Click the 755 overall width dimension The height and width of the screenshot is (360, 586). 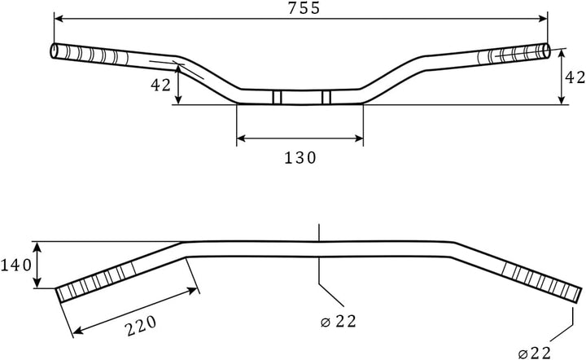(304, 8)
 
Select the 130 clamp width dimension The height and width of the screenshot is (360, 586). (300, 158)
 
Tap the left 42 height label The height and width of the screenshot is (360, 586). (160, 86)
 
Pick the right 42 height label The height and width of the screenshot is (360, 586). (575, 77)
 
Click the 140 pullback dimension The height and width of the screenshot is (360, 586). (16, 266)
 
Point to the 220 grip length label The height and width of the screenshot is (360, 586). (140, 326)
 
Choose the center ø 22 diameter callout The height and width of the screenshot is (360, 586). (339, 322)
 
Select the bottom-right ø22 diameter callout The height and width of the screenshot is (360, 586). (535, 353)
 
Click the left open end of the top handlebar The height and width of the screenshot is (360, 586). (54, 50)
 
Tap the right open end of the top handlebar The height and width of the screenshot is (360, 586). (546, 51)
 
